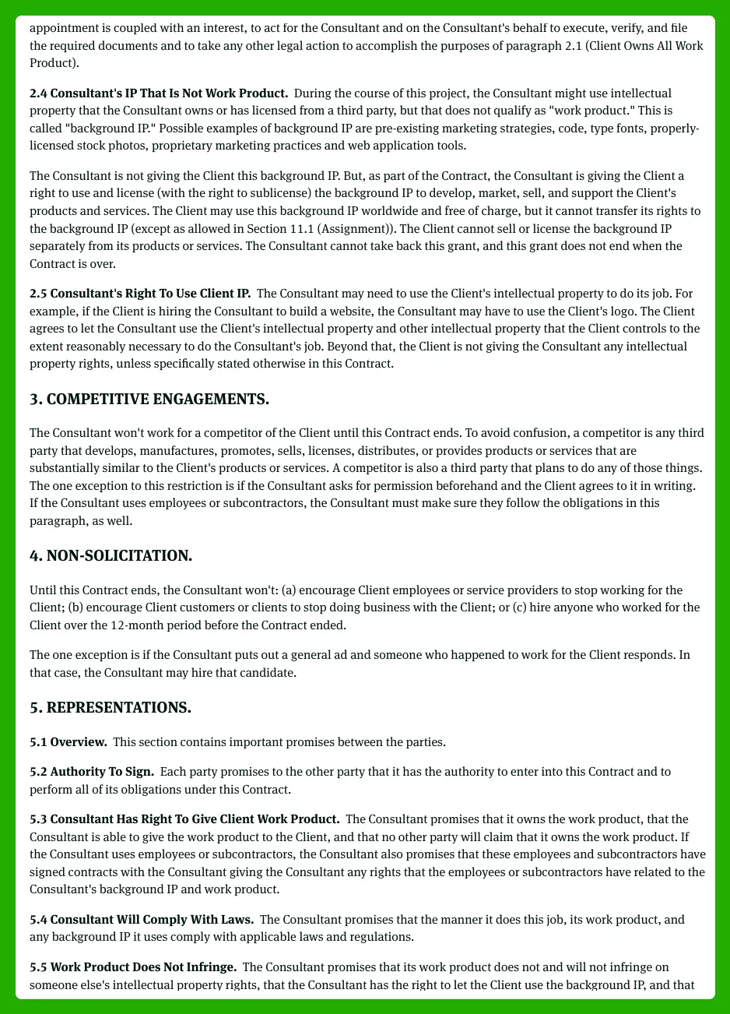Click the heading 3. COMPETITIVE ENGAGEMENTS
click(149, 400)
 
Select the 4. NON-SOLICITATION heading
click(111, 555)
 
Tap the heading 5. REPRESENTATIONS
click(111, 707)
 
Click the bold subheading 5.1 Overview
click(68, 742)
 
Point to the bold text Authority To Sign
click(102, 772)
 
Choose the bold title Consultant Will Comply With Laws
click(152, 920)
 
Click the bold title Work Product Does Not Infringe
click(143, 967)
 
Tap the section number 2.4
click(38, 93)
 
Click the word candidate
click(269, 673)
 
